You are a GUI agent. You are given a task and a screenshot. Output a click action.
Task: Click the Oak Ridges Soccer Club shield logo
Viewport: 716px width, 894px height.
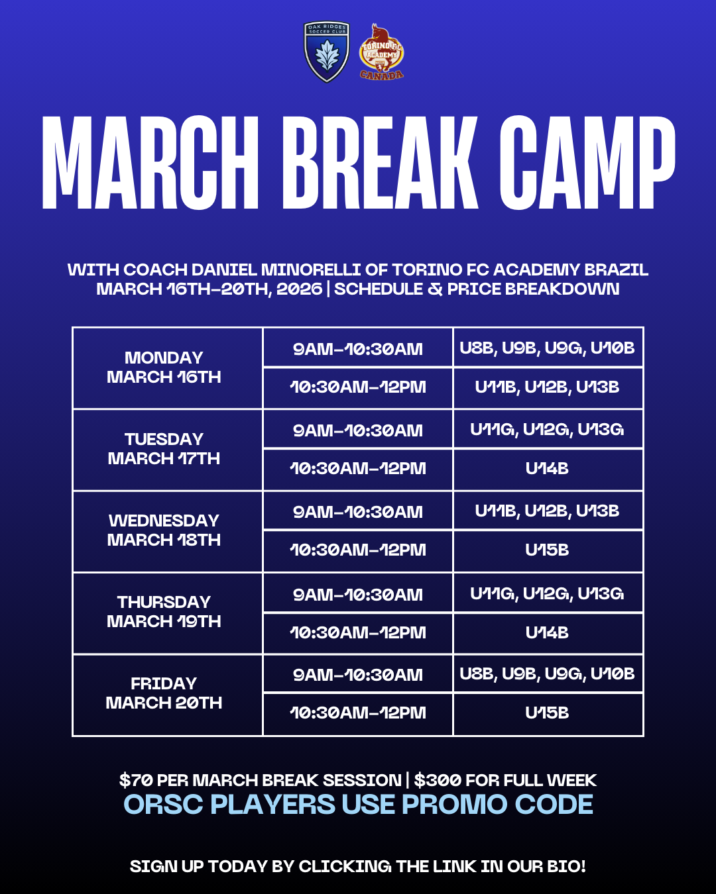point(327,52)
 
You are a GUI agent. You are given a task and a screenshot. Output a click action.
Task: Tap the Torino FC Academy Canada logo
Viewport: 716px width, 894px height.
point(381,52)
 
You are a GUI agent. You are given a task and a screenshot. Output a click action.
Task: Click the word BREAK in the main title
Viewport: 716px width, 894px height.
point(380,162)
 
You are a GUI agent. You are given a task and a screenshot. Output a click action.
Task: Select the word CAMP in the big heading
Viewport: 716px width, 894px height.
point(587,162)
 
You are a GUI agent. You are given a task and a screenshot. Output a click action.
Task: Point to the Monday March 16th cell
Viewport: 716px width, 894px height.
point(167,368)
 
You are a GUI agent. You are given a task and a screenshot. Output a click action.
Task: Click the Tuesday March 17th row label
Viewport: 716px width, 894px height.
point(167,450)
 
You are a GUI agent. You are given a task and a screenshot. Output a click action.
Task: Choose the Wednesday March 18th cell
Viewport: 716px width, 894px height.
point(167,531)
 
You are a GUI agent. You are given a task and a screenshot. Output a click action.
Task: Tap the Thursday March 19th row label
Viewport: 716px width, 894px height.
point(167,613)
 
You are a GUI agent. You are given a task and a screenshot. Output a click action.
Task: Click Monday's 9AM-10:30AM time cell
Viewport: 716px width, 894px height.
point(358,348)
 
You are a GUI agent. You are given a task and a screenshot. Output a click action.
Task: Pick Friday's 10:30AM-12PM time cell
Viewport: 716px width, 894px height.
point(358,713)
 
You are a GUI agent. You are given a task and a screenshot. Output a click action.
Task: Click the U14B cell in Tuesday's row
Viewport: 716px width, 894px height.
point(548,469)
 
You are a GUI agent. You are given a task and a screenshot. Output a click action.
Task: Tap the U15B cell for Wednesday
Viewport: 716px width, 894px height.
point(548,550)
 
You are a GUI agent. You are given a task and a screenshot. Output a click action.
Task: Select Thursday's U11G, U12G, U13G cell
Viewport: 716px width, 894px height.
point(548,593)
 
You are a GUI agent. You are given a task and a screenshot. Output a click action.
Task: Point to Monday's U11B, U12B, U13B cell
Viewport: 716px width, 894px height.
point(548,387)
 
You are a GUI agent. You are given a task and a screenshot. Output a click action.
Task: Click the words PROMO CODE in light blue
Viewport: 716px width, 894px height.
point(497,804)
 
